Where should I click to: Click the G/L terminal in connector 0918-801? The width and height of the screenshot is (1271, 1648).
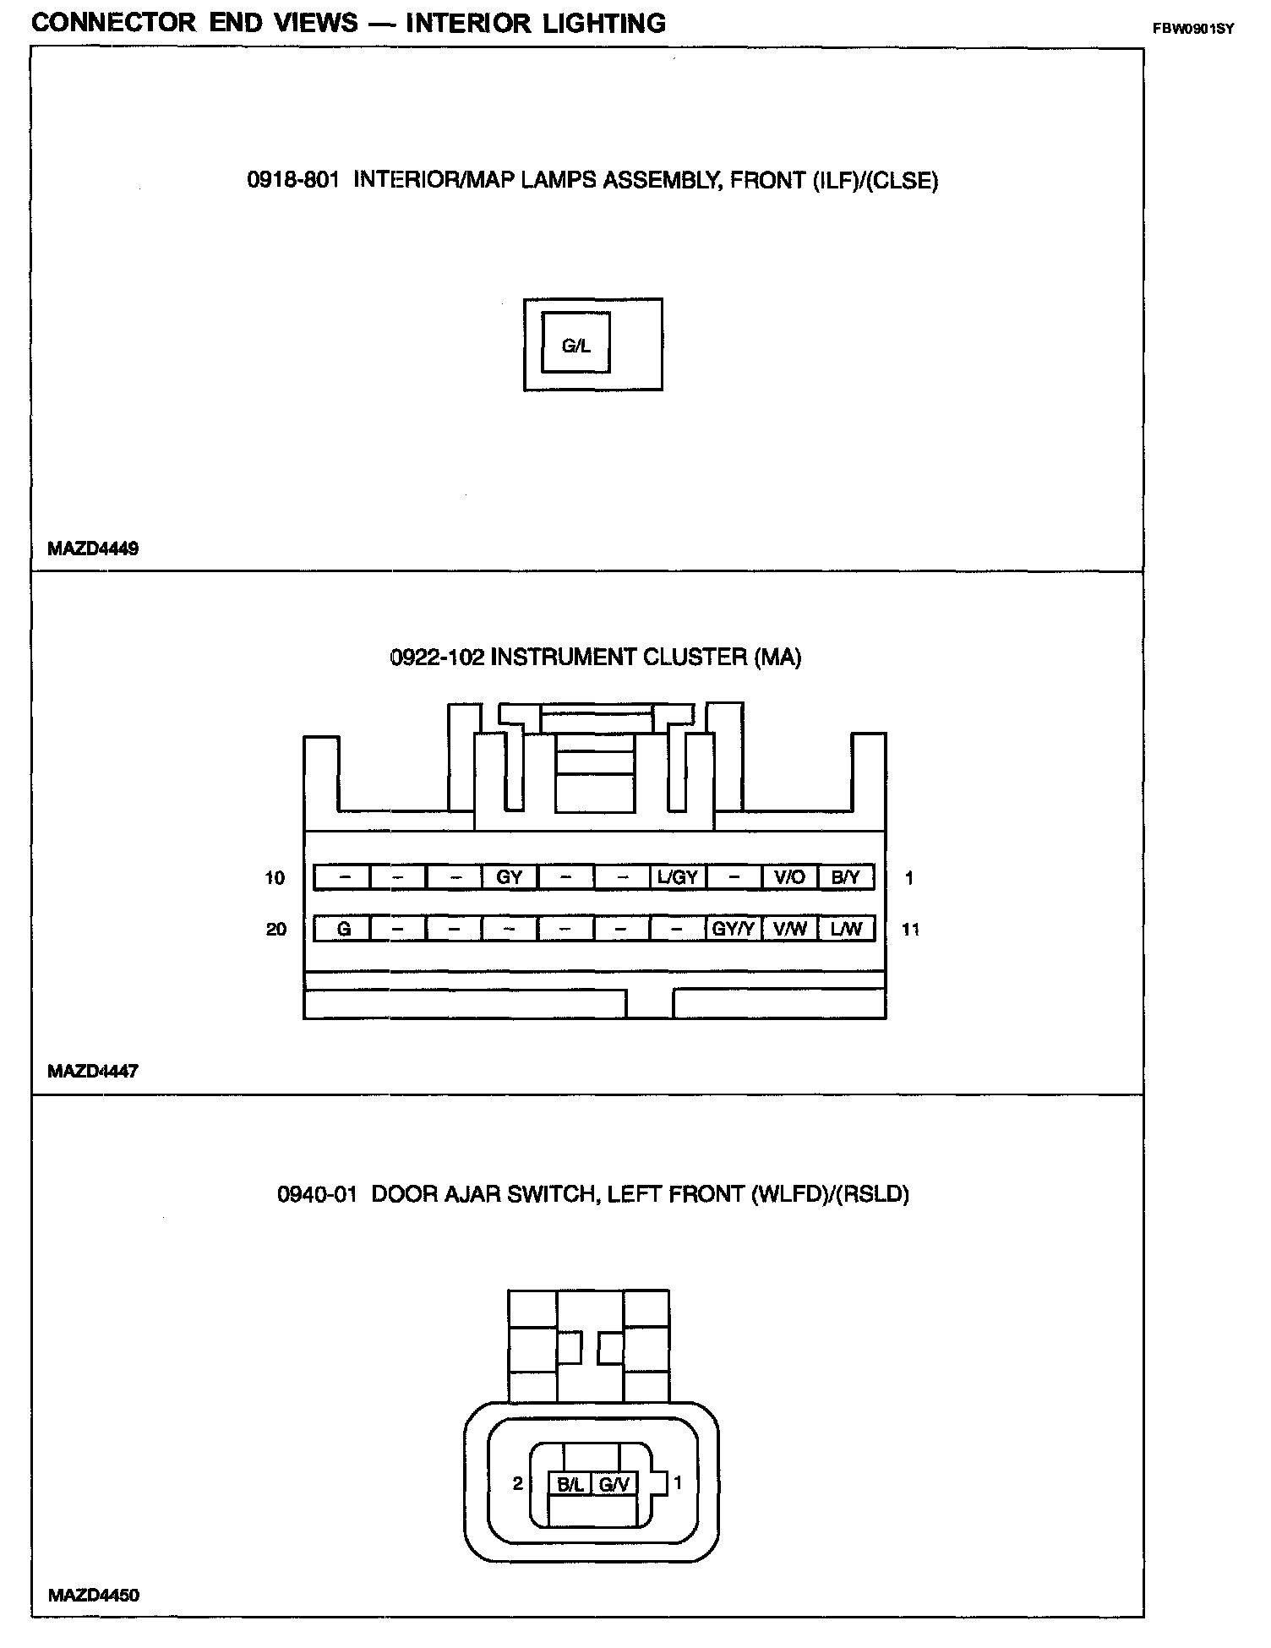pos(575,345)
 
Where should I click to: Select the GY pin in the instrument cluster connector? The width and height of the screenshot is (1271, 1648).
pos(509,877)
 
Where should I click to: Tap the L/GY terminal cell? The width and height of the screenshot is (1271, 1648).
pos(677,877)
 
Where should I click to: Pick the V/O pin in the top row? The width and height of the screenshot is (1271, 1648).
pos(789,877)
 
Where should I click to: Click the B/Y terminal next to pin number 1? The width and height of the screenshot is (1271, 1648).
pos(845,877)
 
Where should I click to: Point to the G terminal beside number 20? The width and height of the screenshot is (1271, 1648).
pos(343,929)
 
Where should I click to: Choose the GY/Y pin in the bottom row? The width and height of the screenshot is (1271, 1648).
pos(733,929)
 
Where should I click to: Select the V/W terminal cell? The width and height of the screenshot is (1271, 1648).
pos(789,929)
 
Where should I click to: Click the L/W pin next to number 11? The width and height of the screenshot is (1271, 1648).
pos(845,929)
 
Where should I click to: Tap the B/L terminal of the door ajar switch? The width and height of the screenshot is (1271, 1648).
pos(570,1484)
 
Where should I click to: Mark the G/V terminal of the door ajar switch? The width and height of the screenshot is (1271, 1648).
pos(614,1484)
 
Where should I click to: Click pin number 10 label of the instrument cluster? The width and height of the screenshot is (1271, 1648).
pos(275,878)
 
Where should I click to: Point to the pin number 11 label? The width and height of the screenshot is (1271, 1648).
pos(910,930)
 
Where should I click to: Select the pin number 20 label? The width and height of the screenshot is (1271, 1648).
pos(275,930)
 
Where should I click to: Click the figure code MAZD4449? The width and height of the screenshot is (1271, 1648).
pos(93,548)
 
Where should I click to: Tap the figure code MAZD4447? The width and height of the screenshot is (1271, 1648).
pos(93,1072)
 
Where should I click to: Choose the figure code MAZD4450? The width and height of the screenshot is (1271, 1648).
pos(93,1596)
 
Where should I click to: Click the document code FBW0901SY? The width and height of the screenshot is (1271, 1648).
pos(1193,29)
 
